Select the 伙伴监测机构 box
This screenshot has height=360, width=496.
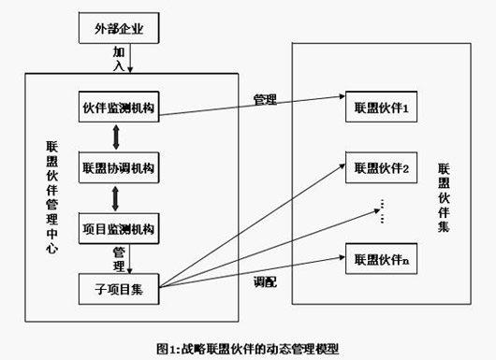tap(118, 110)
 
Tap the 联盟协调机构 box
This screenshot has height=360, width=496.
tap(118, 168)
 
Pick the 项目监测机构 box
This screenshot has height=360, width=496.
tap(118, 227)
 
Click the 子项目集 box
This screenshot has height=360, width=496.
tap(118, 284)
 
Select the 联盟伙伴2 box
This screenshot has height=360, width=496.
tap(380, 168)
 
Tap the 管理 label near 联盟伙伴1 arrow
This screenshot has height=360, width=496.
tap(265, 98)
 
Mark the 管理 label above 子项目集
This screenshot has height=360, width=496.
tap(119, 254)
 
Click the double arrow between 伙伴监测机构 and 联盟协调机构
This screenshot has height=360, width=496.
tap(116, 139)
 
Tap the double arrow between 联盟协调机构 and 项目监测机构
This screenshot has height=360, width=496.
tap(116, 197)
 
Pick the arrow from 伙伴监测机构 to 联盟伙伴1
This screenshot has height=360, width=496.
tap(253, 105)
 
